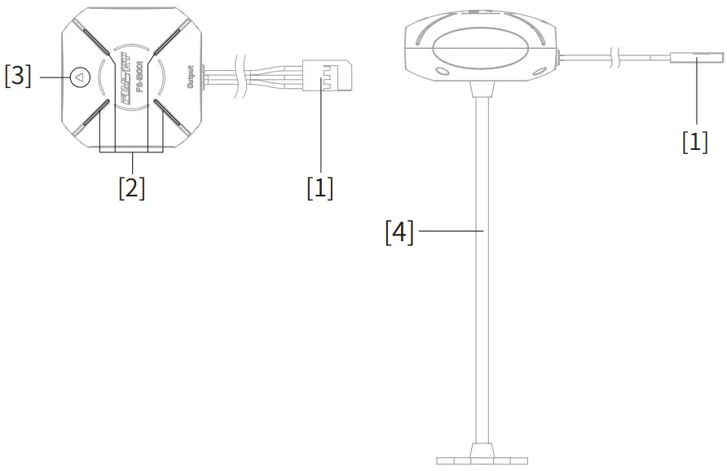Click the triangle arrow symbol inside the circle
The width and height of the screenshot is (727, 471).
79,77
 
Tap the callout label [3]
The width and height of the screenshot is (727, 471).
18,77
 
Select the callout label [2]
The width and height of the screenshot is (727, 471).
131,187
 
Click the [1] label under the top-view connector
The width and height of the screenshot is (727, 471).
320,187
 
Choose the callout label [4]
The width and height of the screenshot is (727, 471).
399,233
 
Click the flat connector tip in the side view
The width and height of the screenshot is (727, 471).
697,58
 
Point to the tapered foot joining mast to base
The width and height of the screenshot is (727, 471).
481,449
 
